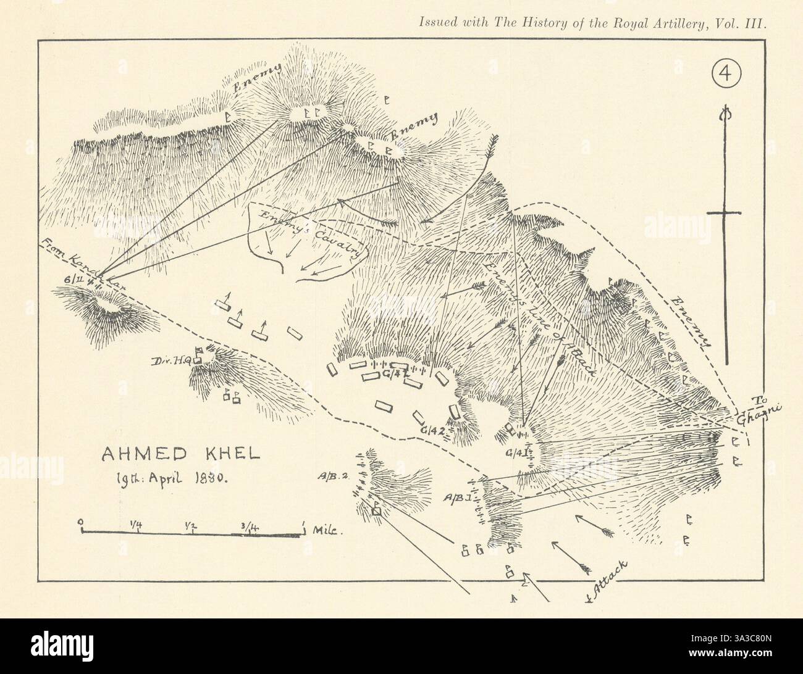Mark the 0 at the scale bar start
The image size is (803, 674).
82,522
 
